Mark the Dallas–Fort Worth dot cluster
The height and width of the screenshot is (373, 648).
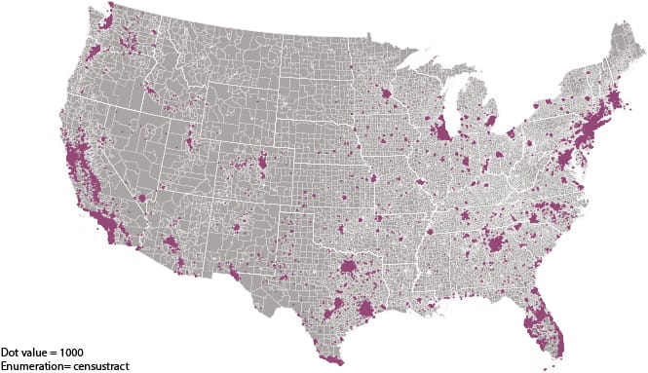coord(347,269)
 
